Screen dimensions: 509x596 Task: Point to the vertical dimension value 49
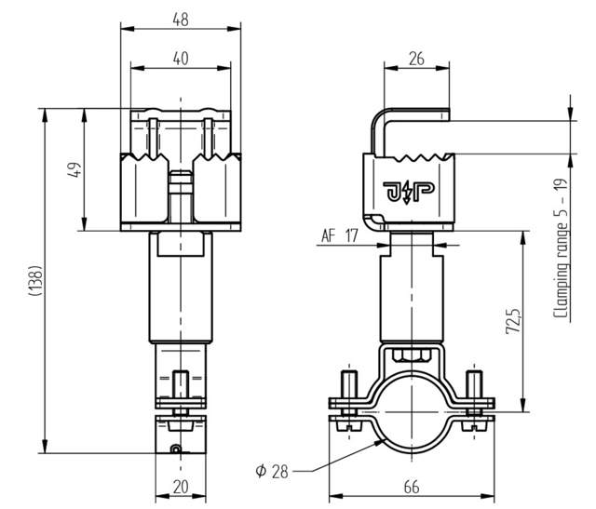76,169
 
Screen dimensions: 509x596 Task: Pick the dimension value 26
415,59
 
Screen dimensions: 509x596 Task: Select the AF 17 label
339,236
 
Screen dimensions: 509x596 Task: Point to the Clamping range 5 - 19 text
562,252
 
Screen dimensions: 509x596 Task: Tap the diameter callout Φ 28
272,471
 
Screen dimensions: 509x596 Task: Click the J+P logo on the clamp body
406,193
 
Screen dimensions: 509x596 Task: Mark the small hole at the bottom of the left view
174,450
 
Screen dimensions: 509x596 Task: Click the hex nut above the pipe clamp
407,354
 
